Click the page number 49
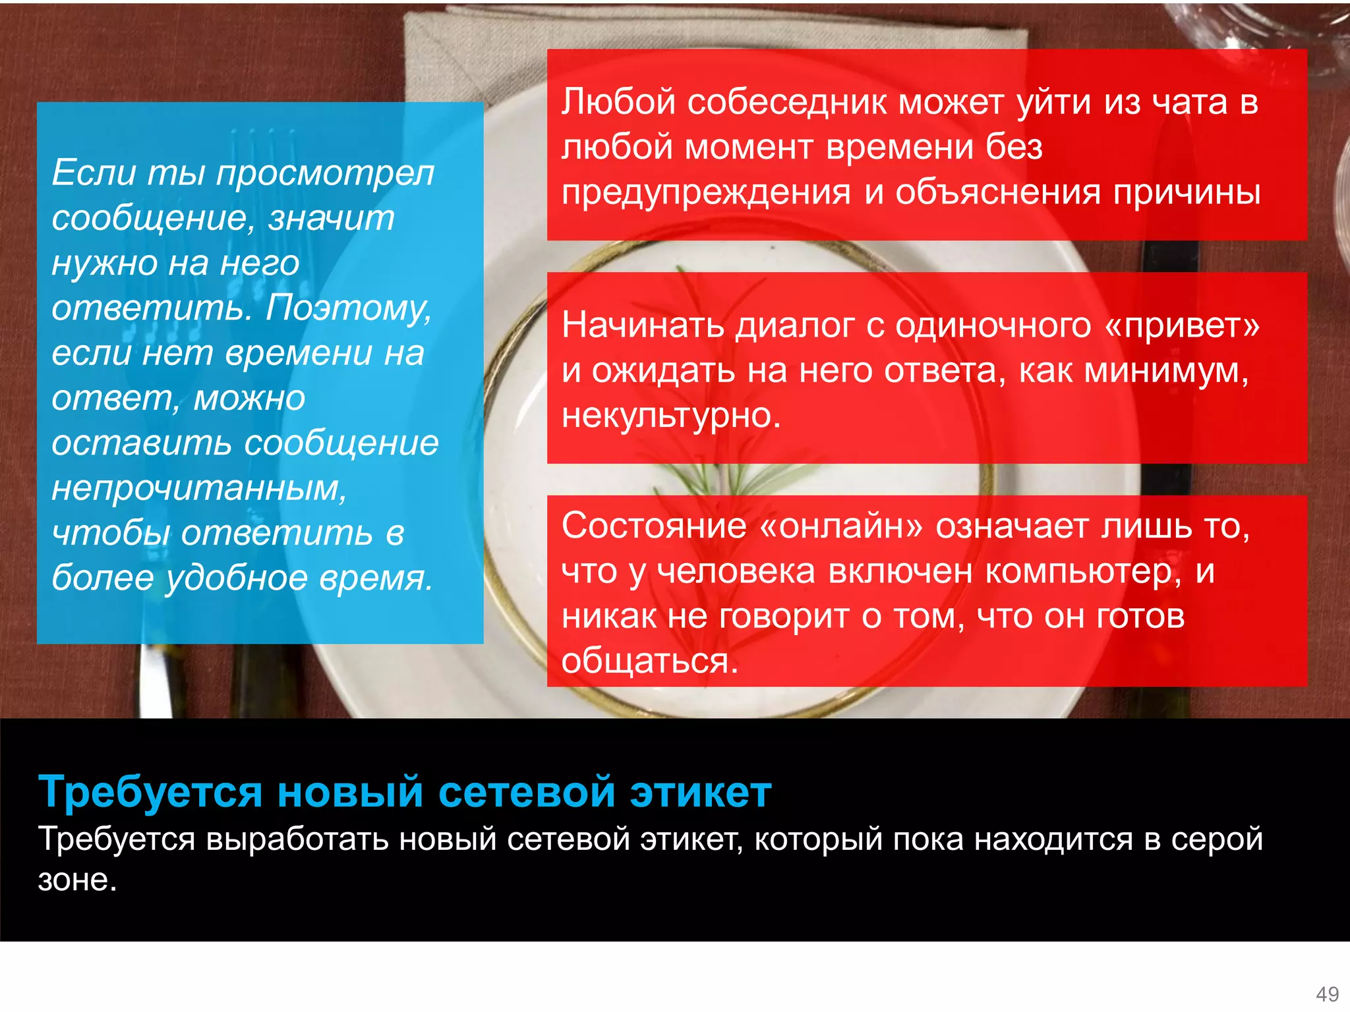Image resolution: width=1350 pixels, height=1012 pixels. [1327, 994]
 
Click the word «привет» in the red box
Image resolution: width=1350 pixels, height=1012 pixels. [1182, 326]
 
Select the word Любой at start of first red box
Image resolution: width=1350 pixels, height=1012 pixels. [618, 103]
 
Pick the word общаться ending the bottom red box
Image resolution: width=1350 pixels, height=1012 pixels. [649, 661]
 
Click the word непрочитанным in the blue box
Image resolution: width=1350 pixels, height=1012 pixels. [198, 488]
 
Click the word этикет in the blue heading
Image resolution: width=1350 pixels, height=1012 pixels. [700, 791]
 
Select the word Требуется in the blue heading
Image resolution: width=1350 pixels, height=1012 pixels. [151, 791]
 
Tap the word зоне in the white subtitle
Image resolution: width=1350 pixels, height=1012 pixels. [76, 881]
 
